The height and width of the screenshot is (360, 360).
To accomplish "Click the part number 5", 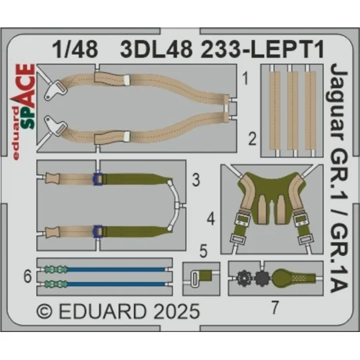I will click(x=204, y=253).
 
